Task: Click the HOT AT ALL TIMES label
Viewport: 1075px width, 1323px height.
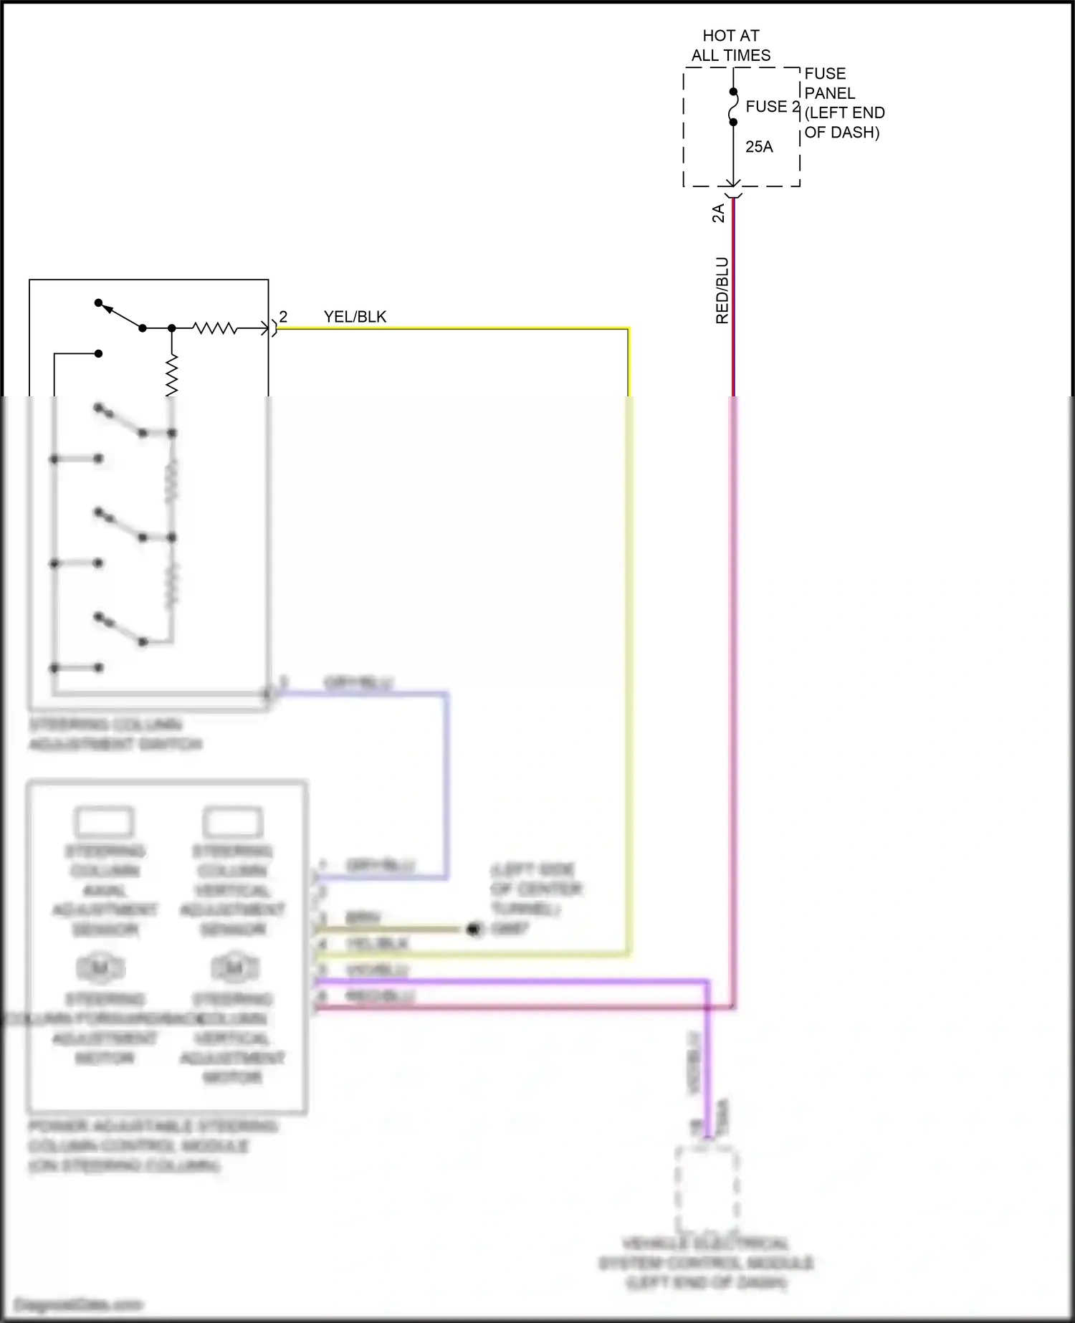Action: click(731, 45)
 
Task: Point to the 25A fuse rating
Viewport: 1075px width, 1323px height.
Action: click(759, 147)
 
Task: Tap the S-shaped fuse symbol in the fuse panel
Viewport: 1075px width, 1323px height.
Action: click(733, 107)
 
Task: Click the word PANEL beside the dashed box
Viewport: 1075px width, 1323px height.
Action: click(829, 93)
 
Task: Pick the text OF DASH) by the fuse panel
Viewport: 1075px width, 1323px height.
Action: click(841, 133)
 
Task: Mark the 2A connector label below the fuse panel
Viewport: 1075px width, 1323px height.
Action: click(718, 213)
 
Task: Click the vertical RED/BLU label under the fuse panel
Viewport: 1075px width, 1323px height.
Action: click(722, 290)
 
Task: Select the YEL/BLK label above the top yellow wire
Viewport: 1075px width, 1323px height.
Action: click(355, 317)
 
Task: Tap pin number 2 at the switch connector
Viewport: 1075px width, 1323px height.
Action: click(283, 317)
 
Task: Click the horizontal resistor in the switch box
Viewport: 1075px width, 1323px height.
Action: click(215, 328)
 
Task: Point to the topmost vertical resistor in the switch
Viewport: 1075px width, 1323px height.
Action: click(172, 375)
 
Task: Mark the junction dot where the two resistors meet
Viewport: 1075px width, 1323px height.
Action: click(172, 328)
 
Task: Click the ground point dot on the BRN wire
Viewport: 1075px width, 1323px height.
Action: click(473, 930)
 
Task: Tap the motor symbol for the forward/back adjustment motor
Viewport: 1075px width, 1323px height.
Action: click(101, 968)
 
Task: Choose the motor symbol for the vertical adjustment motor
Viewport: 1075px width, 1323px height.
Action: click(234, 968)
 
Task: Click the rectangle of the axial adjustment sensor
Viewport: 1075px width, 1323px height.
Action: click(105, 822)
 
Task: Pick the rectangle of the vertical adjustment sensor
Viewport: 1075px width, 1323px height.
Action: click(233, 822)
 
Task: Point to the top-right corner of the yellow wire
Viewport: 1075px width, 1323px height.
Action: click(629, 329)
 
